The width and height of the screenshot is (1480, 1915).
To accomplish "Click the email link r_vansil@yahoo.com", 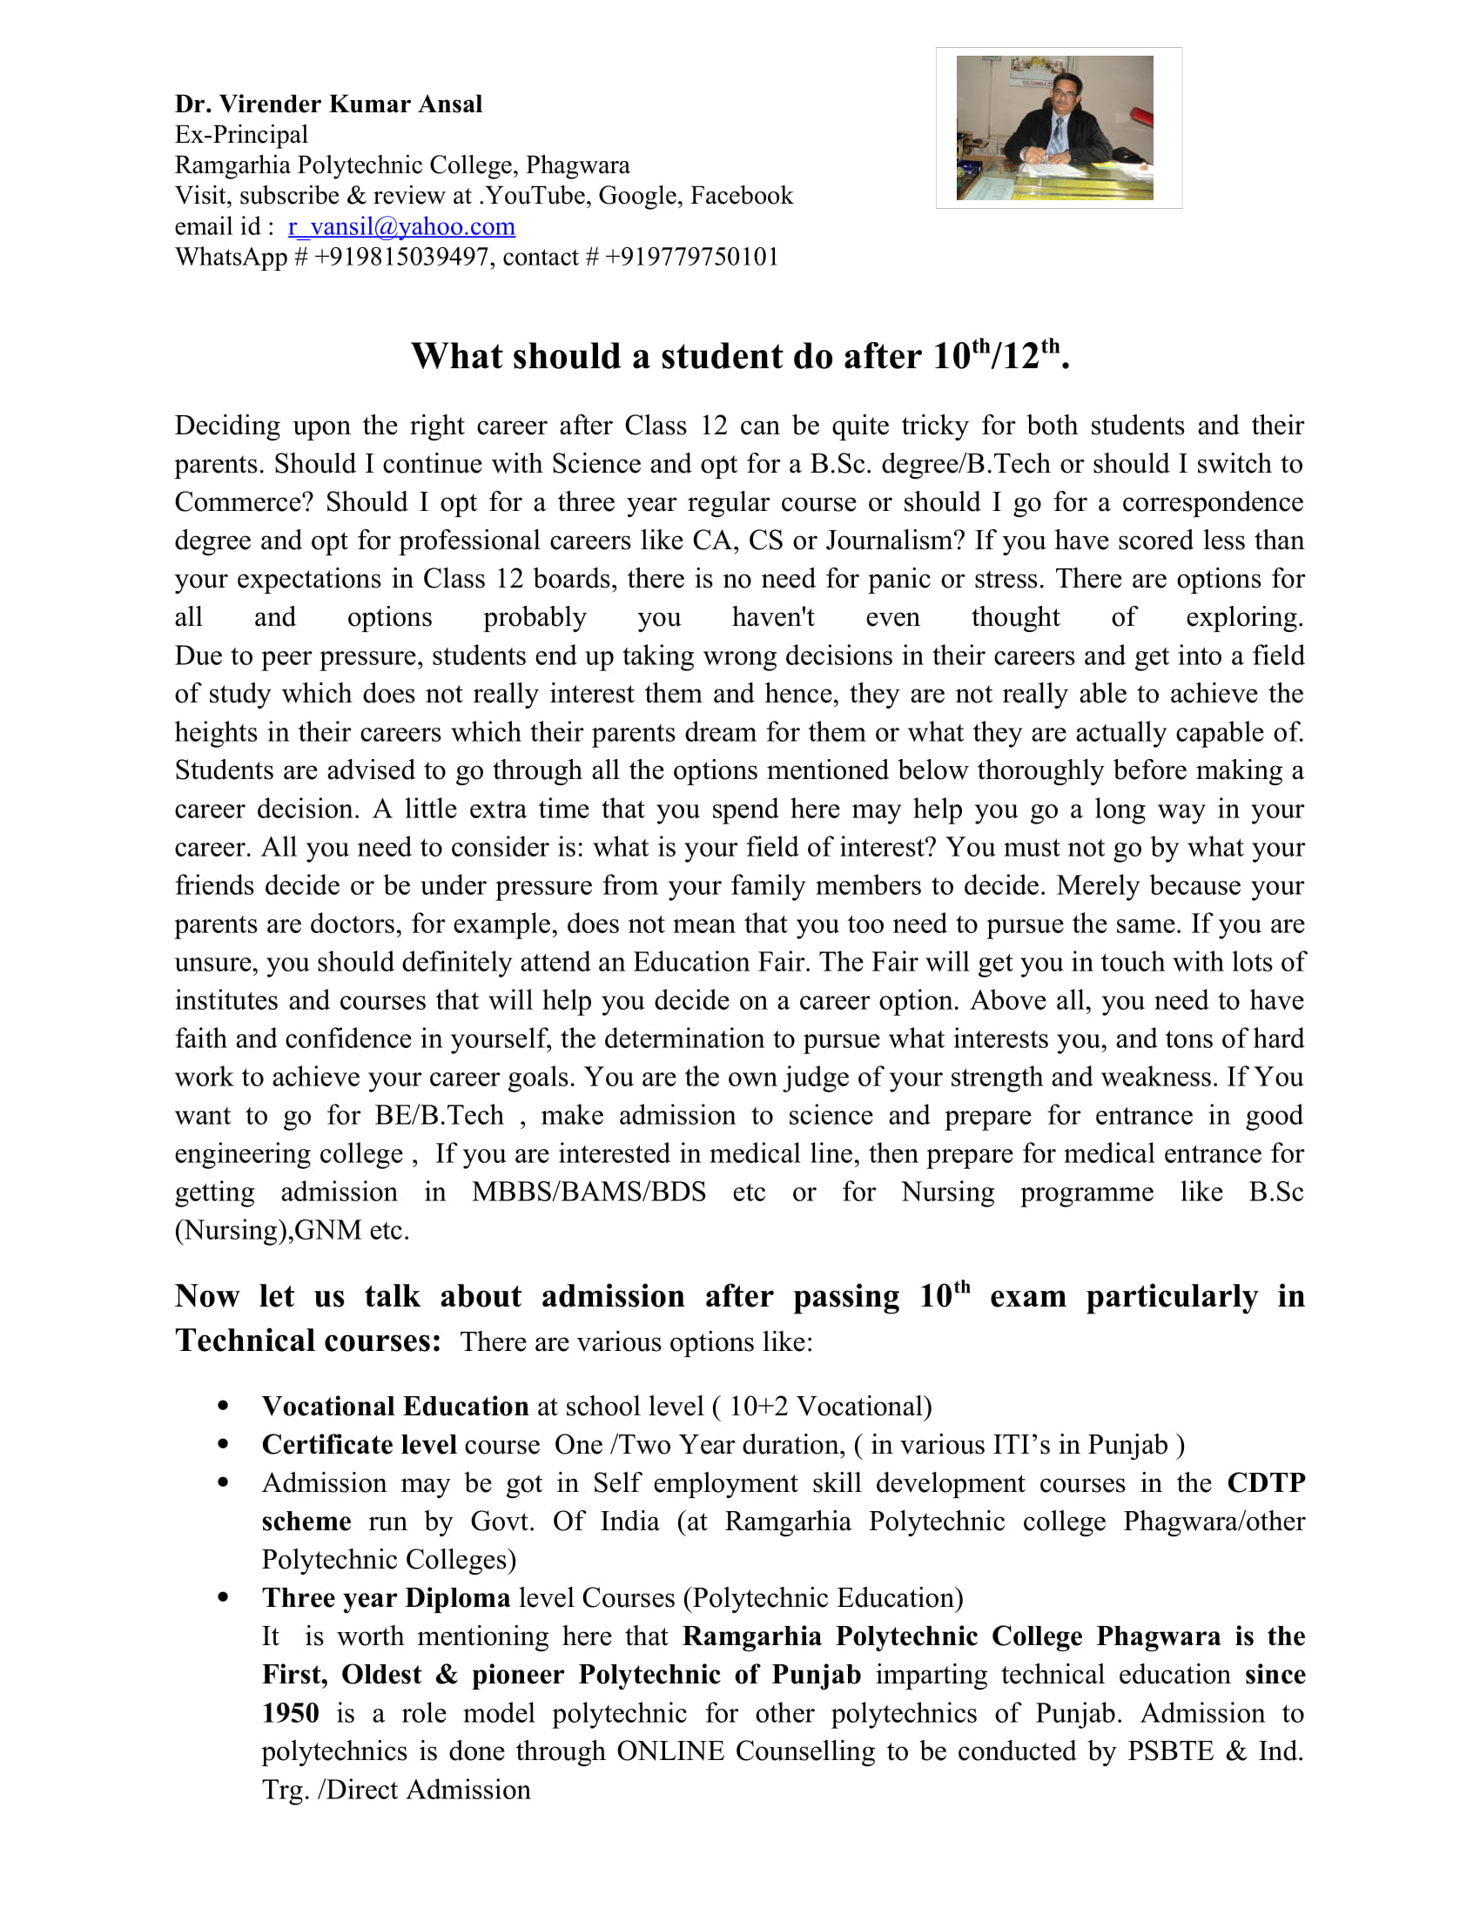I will (400, 226).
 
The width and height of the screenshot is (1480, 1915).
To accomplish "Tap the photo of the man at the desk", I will (1054, 128).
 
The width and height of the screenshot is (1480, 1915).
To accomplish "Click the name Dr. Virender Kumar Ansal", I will (328, 104).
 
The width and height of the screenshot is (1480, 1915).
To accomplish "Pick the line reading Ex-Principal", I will (241, 134).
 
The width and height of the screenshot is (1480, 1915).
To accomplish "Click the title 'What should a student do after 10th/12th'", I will (740, 356).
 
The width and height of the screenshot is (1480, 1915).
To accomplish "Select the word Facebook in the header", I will (741, 195).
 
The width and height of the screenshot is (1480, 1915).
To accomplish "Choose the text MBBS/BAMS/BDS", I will (589, 1192).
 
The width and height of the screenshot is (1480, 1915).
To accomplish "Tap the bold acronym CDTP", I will (1265, 1482).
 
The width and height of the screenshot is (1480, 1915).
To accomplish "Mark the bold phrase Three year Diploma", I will (386, 1597).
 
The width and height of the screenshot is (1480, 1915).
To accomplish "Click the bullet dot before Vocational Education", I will (223, 1407).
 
